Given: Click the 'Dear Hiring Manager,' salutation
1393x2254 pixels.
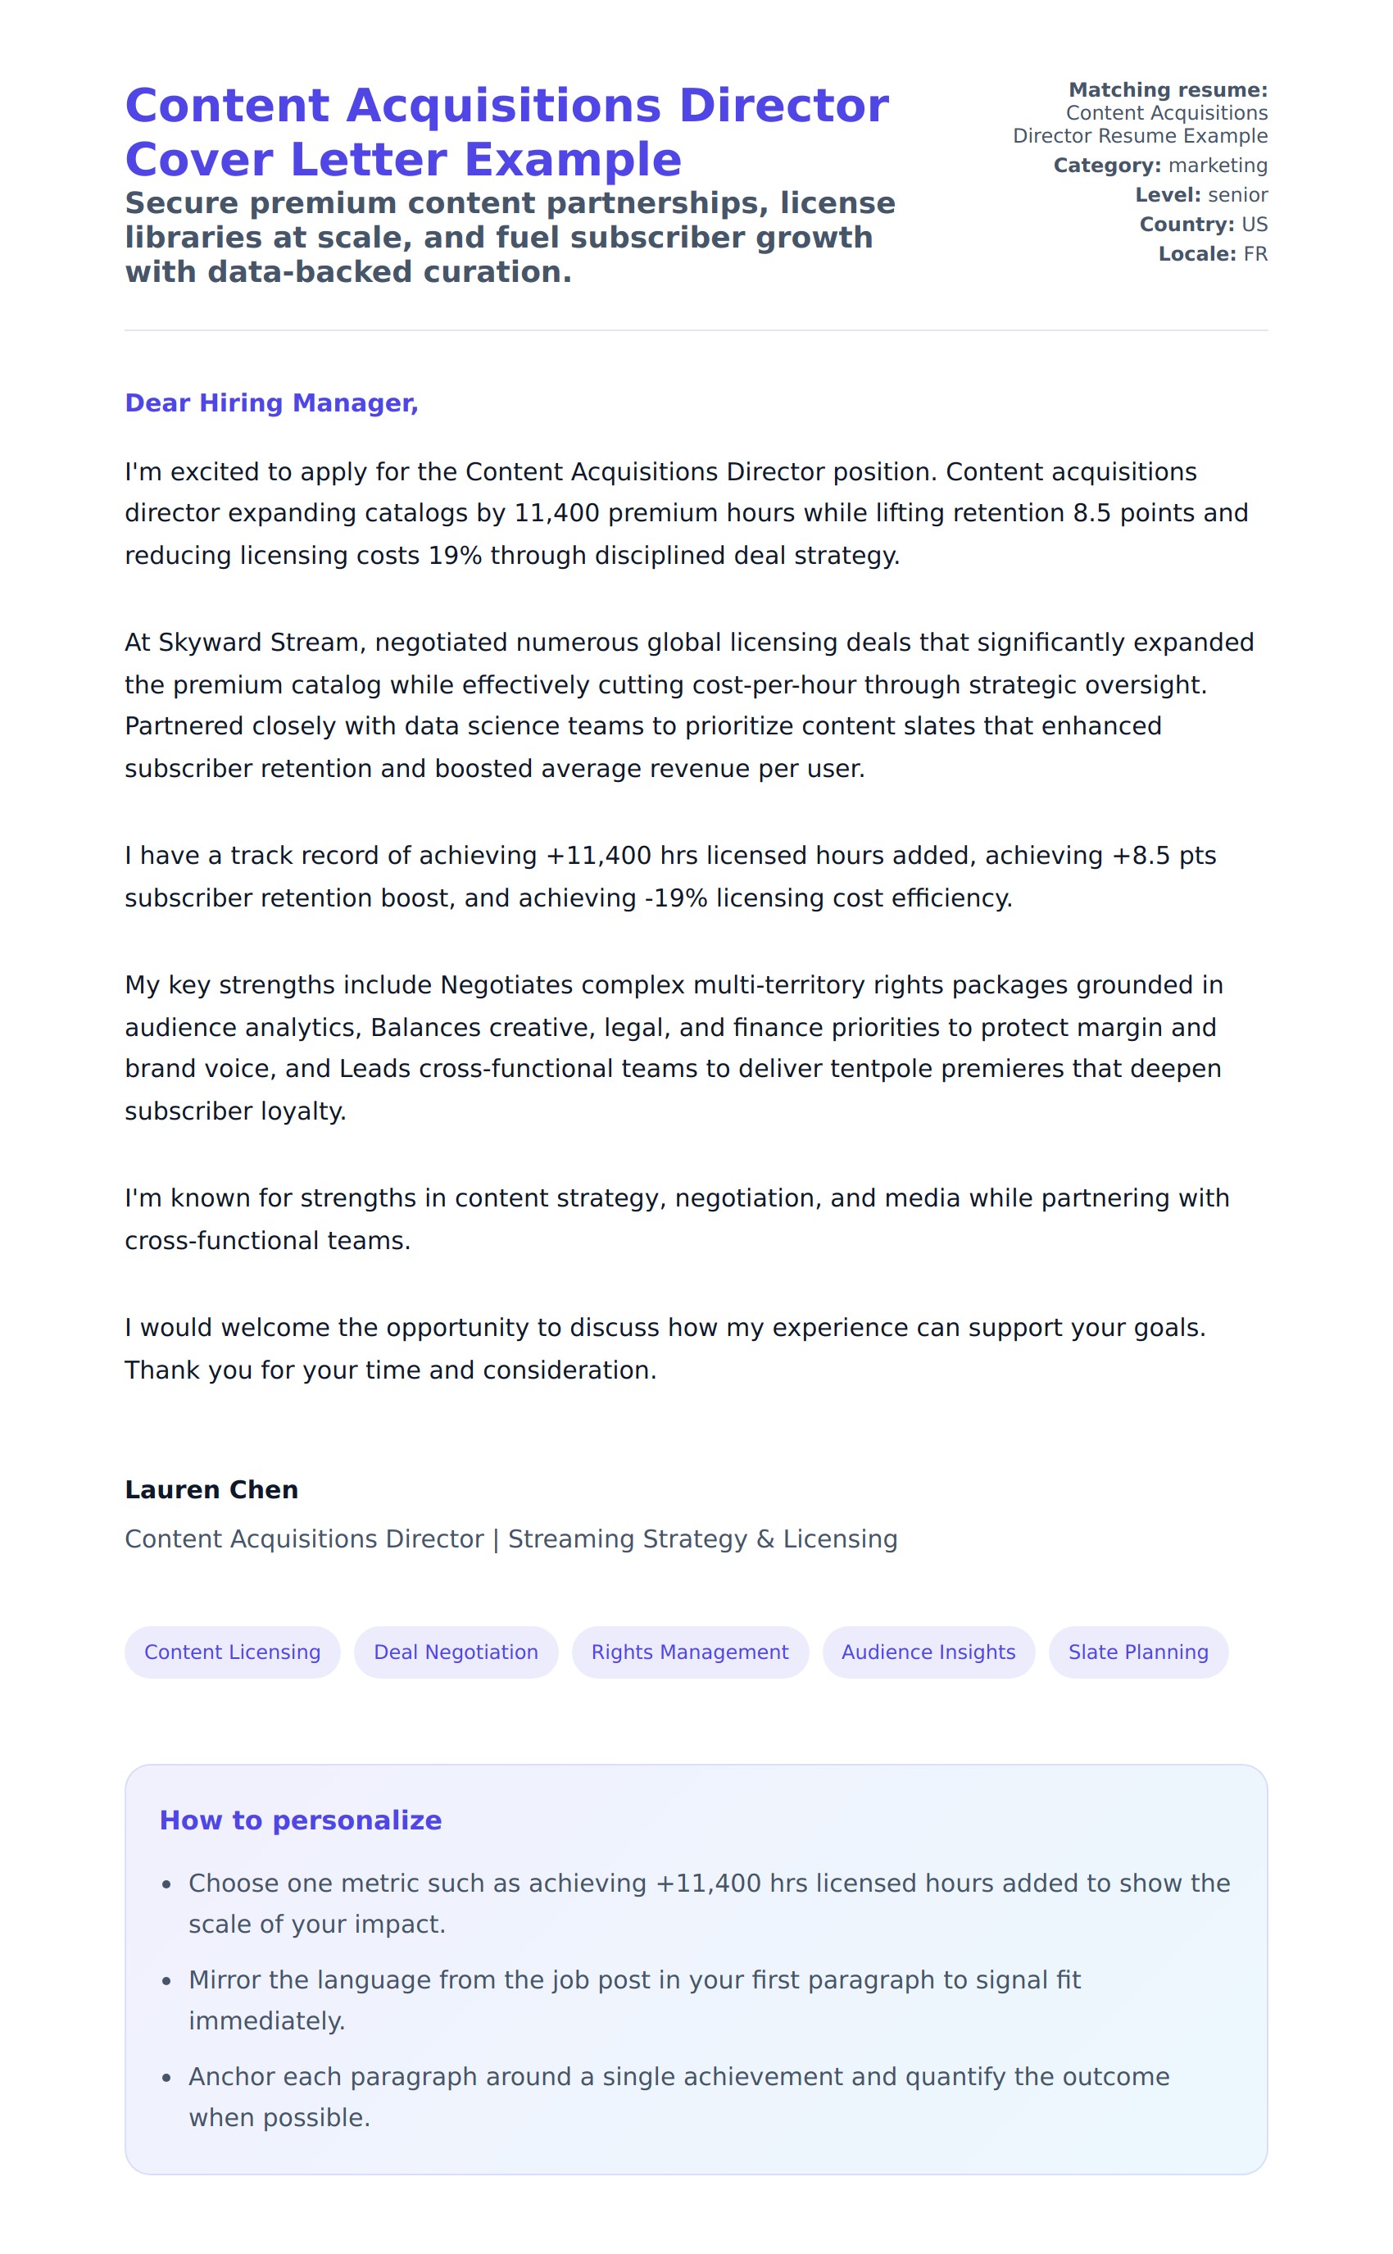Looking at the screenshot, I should tap(271, 402).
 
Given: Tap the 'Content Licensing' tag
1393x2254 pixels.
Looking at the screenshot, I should tap(232, 1652).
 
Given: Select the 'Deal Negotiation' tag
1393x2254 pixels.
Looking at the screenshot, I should tap(456, 1652).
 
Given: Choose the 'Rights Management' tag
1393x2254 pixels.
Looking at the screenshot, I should tap(690, 1652).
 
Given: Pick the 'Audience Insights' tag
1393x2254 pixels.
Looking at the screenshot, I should tap(928, 1652).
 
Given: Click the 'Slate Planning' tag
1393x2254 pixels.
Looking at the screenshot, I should tap(1138, 1652).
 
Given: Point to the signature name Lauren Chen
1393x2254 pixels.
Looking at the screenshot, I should tap(211, 1489).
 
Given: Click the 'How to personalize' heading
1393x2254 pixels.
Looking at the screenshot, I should tap(301, 1820).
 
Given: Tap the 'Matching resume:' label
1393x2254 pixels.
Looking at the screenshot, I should tap(1168, 89).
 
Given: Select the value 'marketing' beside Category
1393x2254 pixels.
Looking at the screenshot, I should tap(1218, 165).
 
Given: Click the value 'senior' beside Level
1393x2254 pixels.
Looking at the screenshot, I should tap(1237, 194).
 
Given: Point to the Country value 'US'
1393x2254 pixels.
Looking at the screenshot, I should tap(1254, 224).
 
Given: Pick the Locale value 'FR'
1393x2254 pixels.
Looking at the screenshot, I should tap(1255, 253).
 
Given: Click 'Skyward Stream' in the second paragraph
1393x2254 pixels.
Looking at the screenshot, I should tap(258, 643).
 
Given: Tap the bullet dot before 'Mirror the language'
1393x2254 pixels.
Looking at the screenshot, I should tap(167, 1981).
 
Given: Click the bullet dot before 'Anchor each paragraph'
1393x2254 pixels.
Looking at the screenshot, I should tap(167, 2077).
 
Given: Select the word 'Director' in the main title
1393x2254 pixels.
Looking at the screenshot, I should tap(783, 105).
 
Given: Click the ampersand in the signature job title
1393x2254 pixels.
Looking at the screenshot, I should tap(765, 1539).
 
